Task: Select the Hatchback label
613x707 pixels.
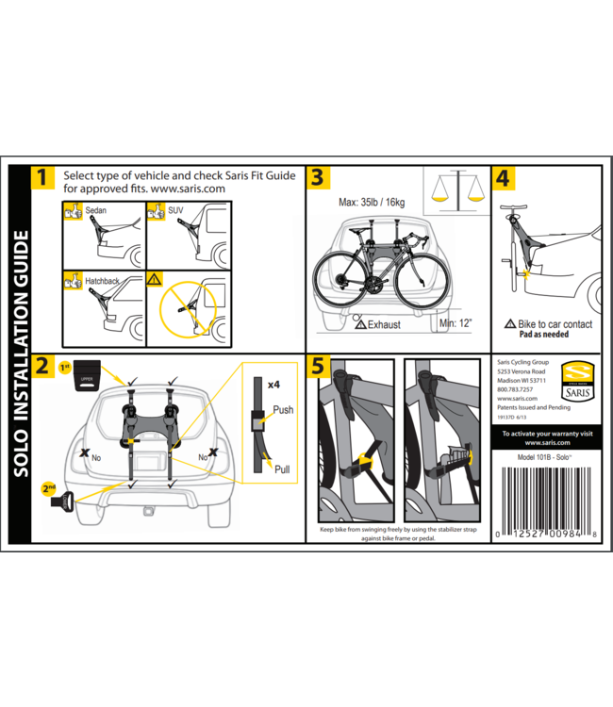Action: [x=103, y=281]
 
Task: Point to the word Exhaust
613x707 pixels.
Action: [x=383, y=325]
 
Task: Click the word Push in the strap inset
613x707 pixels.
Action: [x=284, y=411]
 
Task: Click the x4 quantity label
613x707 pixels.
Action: [x=274, y=385]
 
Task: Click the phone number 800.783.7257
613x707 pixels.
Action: [x=514, y=388]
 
